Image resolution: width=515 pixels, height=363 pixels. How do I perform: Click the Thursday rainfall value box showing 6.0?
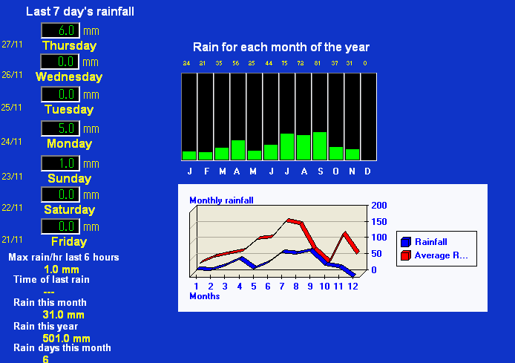60,30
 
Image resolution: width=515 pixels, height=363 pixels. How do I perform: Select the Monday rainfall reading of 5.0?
60,128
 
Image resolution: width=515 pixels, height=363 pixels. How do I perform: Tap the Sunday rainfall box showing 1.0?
60,163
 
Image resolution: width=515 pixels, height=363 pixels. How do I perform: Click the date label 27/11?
12,45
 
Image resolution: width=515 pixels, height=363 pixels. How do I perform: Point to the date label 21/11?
12,240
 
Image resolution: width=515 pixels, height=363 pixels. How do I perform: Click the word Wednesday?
69,77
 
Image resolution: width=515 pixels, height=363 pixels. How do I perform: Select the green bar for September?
320,145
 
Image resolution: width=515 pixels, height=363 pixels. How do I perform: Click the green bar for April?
238,150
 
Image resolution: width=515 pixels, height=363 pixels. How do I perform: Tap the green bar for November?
352,154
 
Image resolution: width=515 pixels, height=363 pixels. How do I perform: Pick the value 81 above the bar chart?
318,63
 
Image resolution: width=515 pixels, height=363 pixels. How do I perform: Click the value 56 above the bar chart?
236,63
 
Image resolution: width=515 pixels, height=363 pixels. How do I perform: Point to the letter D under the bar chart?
367,171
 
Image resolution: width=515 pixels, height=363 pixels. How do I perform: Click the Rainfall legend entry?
424,242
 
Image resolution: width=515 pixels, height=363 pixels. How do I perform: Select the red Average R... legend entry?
434,255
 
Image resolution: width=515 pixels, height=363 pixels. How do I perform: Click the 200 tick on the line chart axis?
379,206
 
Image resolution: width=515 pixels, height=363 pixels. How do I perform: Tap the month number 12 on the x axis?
352,287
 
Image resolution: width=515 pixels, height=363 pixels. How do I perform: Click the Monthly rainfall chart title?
221,200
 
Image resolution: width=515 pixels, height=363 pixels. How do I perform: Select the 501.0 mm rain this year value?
66,339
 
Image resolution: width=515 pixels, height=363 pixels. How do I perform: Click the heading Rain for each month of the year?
281,48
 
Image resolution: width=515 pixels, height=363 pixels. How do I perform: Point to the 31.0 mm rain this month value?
63,315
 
